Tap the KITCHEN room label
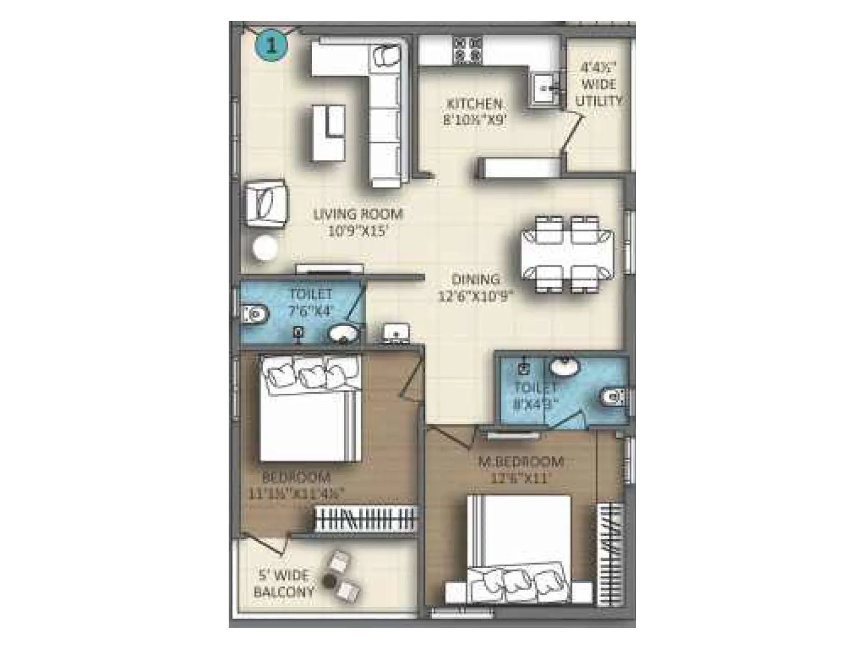(x=473, y=104)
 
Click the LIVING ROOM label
(x=358, y=214)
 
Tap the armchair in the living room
(x=266, y=204)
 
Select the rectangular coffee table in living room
(x=329, y=133)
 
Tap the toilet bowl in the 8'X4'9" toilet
(x=615, y=398)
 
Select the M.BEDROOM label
(x=521, y=462)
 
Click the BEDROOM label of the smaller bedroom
(x=296, y=478)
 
